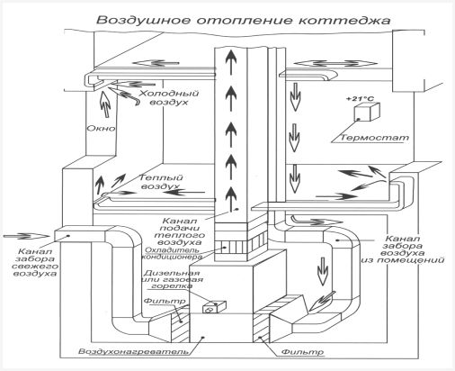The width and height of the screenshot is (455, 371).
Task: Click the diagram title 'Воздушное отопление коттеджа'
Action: coord(244,21)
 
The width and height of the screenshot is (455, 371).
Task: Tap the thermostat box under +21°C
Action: coord(367,113)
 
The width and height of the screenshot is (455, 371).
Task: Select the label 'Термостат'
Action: coord(375,138)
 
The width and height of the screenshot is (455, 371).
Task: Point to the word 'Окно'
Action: coord(101,129)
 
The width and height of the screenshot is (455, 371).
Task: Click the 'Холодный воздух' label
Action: coord(169,97)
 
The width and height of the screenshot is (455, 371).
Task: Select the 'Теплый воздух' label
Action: coord(161,182)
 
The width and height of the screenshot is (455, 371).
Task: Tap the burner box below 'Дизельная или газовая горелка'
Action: coord(214,307)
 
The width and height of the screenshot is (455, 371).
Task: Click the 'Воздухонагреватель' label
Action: coord(134,351)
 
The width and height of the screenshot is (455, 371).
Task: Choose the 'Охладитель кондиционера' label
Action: coord(172,253)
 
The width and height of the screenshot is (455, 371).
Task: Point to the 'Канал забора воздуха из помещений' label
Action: coord(403,249)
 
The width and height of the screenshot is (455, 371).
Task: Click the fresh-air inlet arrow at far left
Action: coord(26,236)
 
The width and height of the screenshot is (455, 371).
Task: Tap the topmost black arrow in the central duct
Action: coord(231,62)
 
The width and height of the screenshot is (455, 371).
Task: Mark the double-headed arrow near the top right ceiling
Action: coord(335,63)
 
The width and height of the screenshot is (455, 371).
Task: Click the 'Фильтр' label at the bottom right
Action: coord(303,351)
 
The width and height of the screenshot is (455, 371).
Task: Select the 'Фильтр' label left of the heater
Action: coord(165,301)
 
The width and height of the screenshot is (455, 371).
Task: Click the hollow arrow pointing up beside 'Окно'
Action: coord(104,104)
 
